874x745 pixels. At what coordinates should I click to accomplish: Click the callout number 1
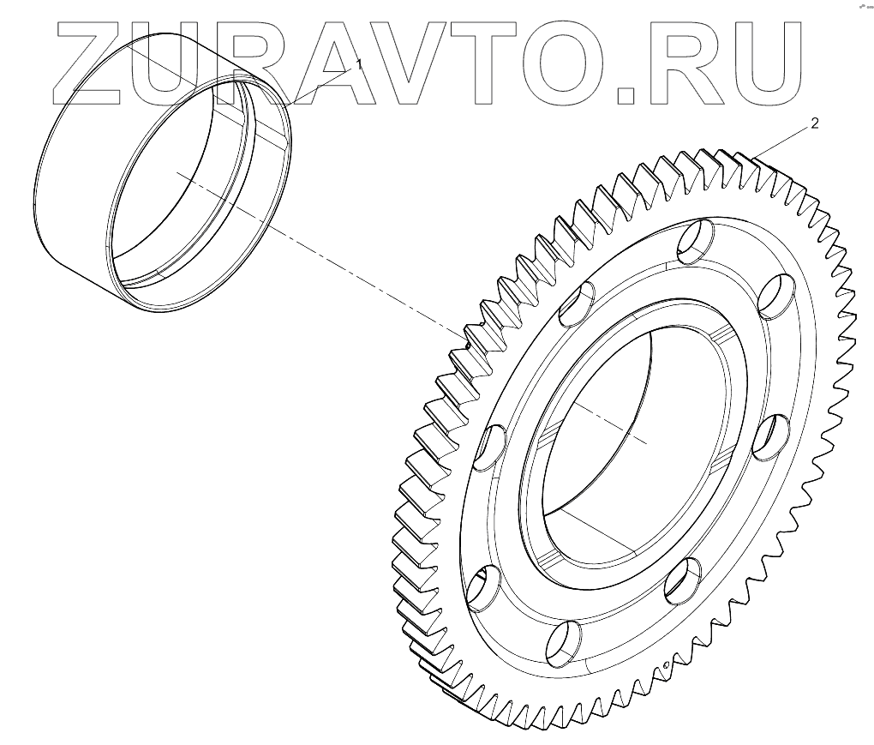[359, 64]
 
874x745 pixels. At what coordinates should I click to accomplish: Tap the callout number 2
[814, 123]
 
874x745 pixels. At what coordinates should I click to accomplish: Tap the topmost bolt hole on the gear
[693, 240]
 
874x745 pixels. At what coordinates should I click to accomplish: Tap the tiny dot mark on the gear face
[665, 664]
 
